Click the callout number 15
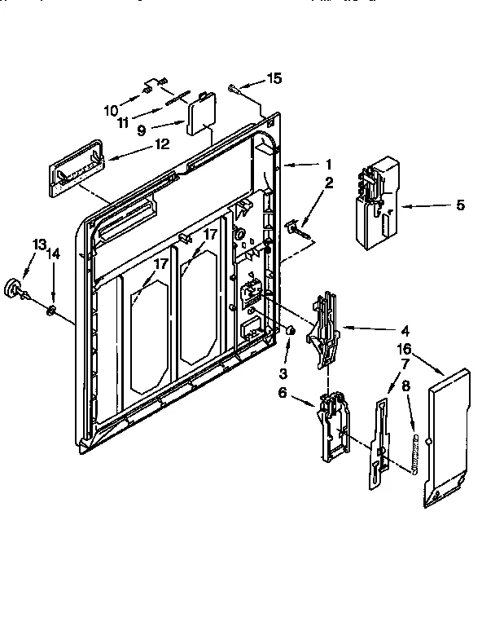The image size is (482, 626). [274, 78]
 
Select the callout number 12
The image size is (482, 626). [161, 144]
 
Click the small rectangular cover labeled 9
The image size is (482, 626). [197, 116]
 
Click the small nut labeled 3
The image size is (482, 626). [288, 329]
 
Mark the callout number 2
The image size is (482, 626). [328, 183]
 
